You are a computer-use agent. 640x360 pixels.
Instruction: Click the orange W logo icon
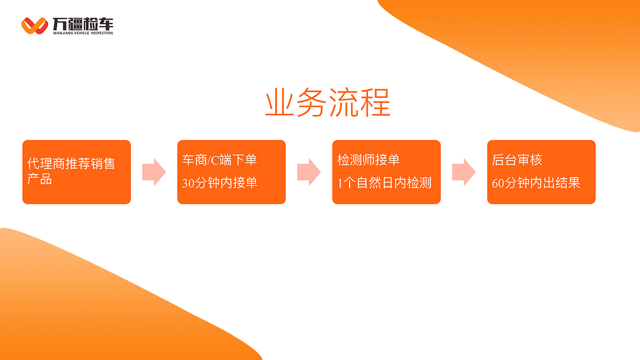click(35, 26)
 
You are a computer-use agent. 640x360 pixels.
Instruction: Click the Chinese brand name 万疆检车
click(83, 24)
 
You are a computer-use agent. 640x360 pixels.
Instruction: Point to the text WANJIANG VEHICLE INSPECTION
click(83, 33)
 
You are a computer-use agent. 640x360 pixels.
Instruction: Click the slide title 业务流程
click(328, 103)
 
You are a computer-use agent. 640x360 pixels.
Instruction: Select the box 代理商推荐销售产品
click(77, 172)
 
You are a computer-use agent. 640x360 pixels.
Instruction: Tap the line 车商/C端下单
click(219, 160)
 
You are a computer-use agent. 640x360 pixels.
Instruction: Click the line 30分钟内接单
click(219, 183)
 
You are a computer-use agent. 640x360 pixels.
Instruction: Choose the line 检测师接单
click(368, 160)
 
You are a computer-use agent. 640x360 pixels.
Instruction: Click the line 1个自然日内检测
click(384, 183)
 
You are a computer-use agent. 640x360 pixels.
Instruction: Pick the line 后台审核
click(517, 160)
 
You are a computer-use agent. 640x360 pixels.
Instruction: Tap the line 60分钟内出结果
click(536, 183)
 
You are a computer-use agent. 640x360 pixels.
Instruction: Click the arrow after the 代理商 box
click(154, 172)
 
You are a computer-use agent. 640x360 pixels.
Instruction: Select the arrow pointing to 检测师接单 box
click(309, 172)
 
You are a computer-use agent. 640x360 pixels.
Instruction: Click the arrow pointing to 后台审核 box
click(464, 172)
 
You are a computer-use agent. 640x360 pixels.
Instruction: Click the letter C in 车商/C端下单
click(215, 160)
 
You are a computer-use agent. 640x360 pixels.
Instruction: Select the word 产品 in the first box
click(40, 179)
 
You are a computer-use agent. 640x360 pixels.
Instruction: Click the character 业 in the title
click(280, 103)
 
